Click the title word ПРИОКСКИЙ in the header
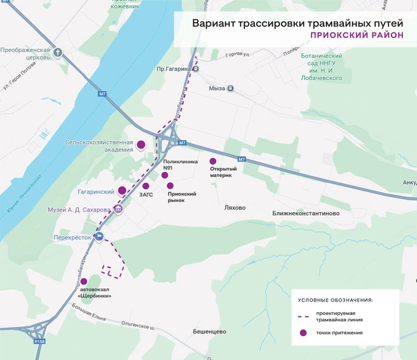pos(335,35)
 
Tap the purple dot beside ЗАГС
pos(146,186)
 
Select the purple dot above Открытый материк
pos(213,161)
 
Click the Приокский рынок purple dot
pos(170,185)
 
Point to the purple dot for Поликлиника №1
pos(165,175)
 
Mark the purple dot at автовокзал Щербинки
pos(83,281)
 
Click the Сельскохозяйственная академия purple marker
pos(141,145)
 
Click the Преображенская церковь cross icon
pos(58,53)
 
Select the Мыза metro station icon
pos(230,89)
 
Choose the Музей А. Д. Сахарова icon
pos(118,210)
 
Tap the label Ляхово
pos(235,208)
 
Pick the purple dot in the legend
pos(304,333)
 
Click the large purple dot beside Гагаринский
pos(122,190)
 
